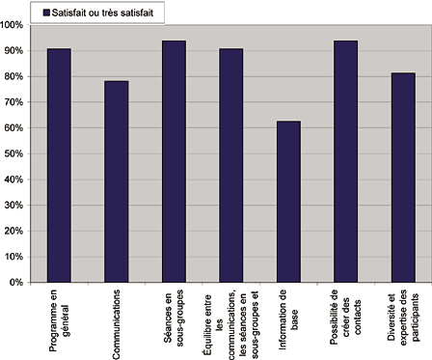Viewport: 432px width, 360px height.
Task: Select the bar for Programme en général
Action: pyautogui.click(x=59, y=165)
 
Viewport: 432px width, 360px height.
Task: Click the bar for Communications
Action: pyautogui.click(x=117, y=181)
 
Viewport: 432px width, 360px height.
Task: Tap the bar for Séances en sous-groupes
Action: pyautogui.click(x=175, y=161)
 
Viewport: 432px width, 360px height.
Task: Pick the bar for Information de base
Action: pyautogui.click(x=289, y=202)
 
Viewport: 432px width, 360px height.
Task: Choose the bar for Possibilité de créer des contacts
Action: pyautogui.click(x=345, y=161)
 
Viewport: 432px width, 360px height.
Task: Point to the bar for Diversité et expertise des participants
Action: pyautogui.click(x=403, y=178)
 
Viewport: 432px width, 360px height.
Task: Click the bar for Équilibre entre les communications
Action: pyautogui.click(x=232, y=165)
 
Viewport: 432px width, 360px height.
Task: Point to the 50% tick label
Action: pyautogui.click(x=15, y=153)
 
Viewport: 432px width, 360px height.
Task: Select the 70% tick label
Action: pyautogui.click(x=15, y=101)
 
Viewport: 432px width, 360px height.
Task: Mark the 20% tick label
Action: pyautogui.click(x=15, y=231)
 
